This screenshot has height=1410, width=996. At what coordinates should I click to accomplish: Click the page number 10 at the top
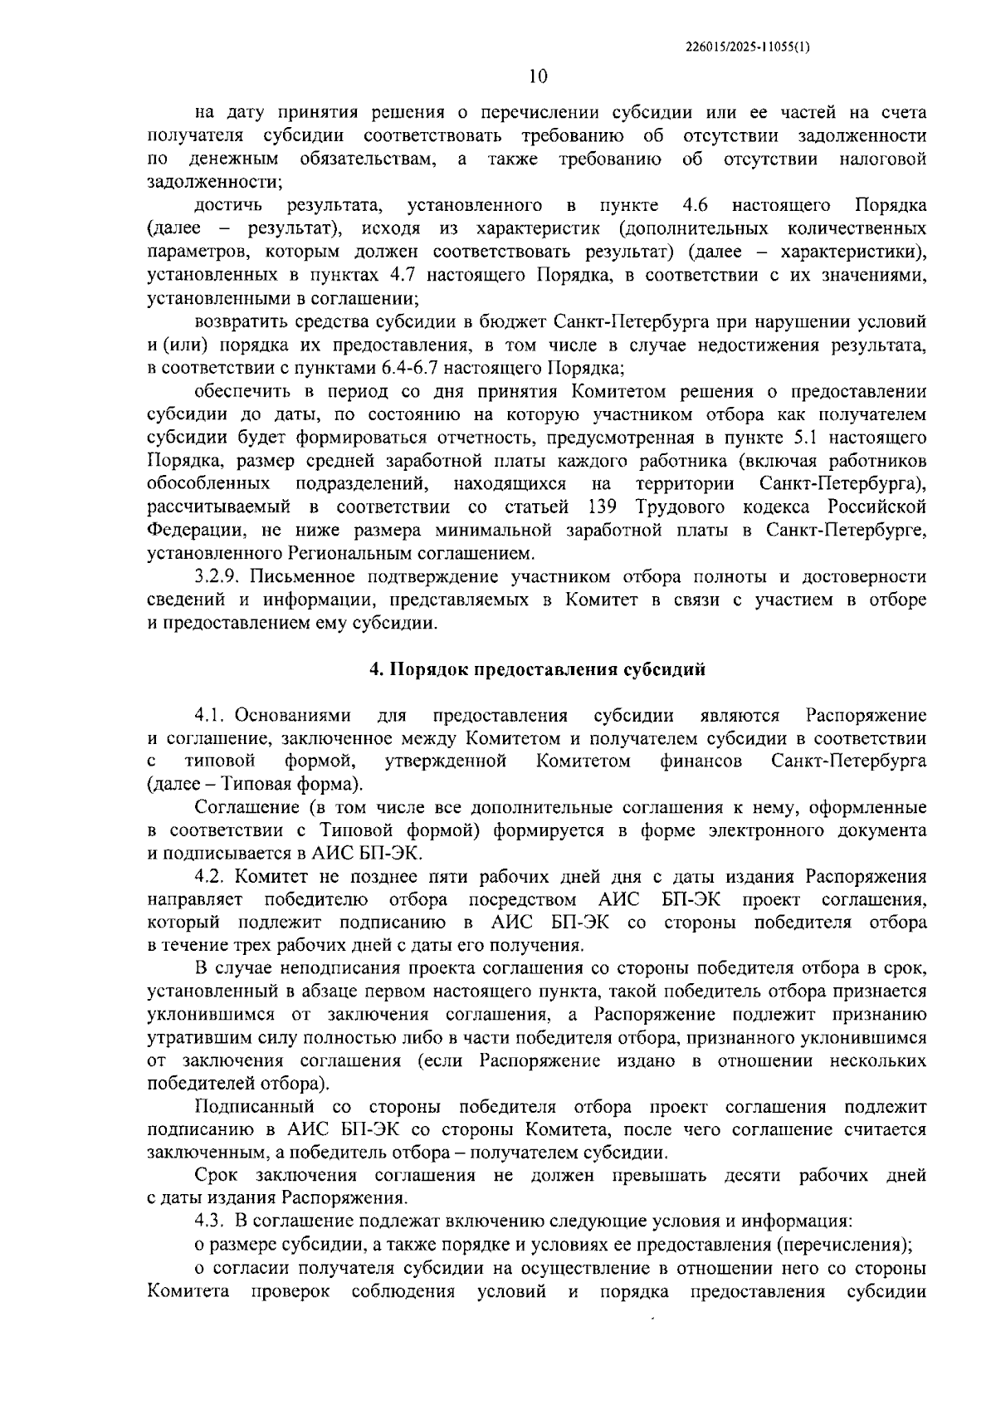(x=537, y=76)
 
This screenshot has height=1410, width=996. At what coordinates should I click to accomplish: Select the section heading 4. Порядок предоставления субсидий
(x=537, y=670)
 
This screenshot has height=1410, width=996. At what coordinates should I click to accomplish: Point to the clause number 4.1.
(x=211, y=716)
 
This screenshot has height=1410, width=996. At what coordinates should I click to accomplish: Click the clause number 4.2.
(x=211, y=877)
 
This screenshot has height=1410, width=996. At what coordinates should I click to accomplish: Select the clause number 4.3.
(x=211, y=1222)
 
